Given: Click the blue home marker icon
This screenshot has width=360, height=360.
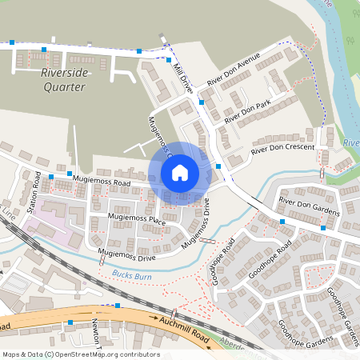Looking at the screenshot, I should (180, 172).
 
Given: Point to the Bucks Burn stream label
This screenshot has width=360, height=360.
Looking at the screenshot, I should (131, 274).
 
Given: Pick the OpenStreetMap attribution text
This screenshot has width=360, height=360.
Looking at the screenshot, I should (80, 354).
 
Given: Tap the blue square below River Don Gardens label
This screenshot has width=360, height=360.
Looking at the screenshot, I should (323, 228).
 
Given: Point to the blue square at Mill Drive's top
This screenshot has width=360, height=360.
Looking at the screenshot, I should (170, 60).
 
